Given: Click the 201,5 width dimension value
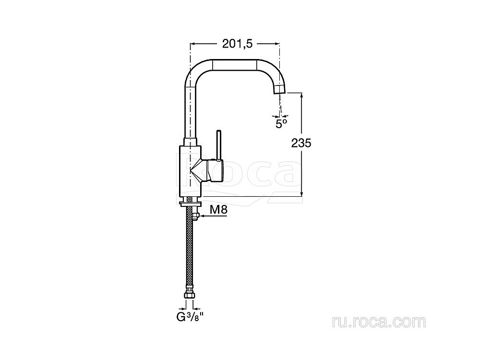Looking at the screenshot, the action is click(x=237, y=44).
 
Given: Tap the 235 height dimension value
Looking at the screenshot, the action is click(x=301, y=143).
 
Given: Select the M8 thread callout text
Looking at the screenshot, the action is click(x=218, y=210).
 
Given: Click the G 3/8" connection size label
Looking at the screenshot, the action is click(x=190, y=317).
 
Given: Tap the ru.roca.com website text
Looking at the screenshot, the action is click(x=379, y=322).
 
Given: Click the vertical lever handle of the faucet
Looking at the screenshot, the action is click(x=219, y=145).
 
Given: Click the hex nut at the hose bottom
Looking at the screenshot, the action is click(x=190, y=295).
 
